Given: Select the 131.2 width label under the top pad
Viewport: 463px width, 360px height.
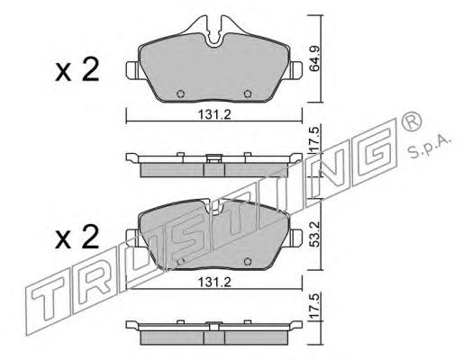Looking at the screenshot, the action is [214, 114].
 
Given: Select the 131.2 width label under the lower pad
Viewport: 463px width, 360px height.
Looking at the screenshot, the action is [214, 282].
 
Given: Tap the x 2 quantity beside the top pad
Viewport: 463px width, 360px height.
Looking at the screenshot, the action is [77, 70].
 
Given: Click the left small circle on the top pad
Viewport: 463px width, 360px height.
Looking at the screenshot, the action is [180, 94].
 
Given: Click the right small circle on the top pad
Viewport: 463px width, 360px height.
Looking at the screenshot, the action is [248, 94].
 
